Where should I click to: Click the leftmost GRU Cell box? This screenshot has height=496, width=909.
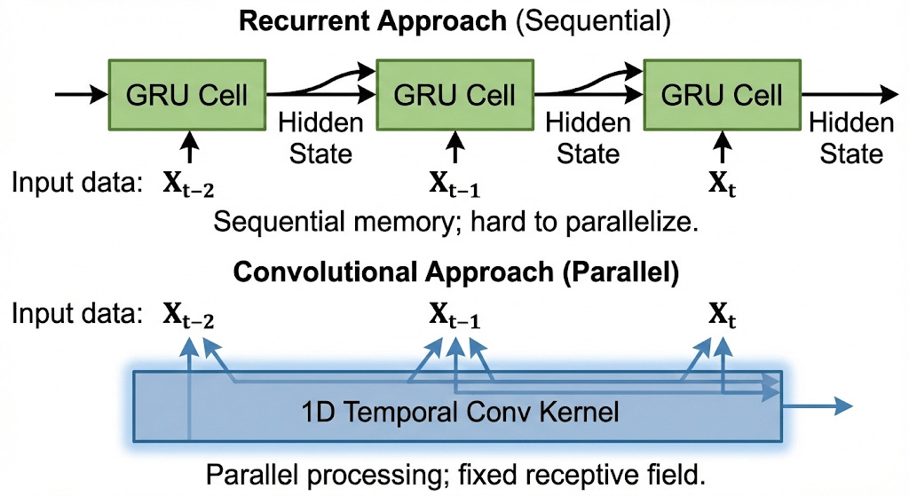tap(186, 93)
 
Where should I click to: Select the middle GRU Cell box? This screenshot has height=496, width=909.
tap(454, 93)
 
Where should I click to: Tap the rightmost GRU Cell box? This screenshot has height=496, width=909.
tap(722, 93)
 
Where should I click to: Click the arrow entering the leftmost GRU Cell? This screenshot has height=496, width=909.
tap(81, 92)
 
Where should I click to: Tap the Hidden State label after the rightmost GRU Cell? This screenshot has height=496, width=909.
tap(851, 138)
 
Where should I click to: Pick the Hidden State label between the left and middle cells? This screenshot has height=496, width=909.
tap(320, 138)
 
